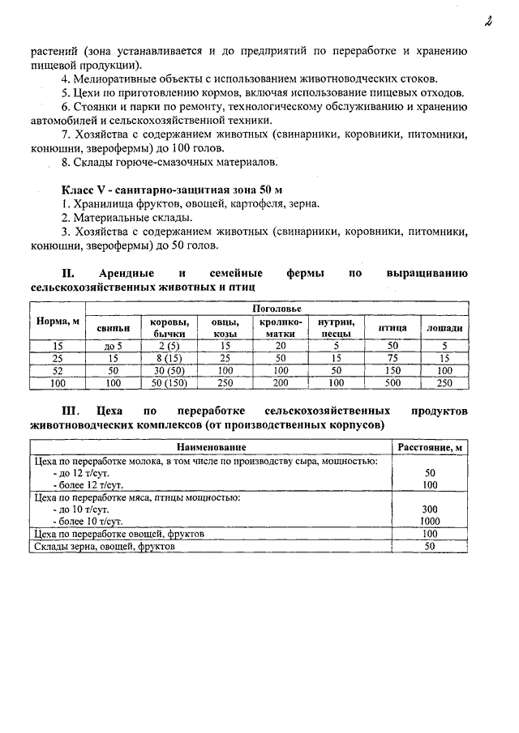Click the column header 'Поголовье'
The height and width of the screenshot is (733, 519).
pos(277,309)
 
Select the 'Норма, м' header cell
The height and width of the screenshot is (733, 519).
pos(58,322)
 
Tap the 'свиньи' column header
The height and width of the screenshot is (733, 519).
pos(113,327)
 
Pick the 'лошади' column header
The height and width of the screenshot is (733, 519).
pos(444,327)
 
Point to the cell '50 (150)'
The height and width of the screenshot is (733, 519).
pos(169,382)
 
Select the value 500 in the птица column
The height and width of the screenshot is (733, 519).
pos(392,382)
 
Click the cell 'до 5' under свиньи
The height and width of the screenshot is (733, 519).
pos(113,346)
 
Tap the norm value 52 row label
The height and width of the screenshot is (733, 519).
pos(58,370)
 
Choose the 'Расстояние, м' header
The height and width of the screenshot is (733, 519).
pos(430,447)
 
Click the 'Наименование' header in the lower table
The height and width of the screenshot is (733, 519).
pos(211,447)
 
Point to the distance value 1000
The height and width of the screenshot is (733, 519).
pos(430,522)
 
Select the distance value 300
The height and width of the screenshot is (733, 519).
pos(430,509)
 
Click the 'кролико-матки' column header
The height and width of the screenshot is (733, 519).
pos(280,327)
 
